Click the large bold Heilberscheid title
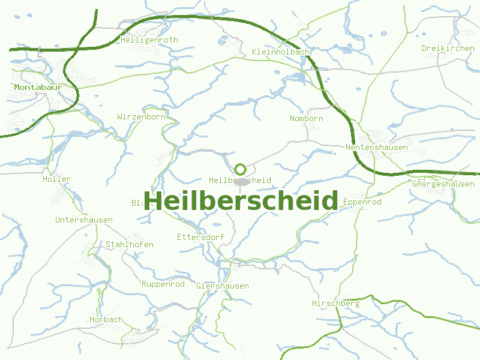(241, 200)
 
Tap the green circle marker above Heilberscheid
(241, 169)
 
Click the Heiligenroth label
(149, 40)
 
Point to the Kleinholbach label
(281, 52)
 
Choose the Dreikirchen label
(448, 49)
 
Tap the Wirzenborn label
(141, 117)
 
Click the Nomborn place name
(306, 119)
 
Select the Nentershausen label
(377, 148)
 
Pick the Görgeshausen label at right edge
(443, 184)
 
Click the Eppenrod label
(362, 203)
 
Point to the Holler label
(56, 179)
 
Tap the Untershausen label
(84, 220)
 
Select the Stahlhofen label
(130, 245)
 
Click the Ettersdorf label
(200, 238)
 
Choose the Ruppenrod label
(163, 284)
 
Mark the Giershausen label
(223, 286)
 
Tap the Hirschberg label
(335, 304)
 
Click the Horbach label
(106, 320)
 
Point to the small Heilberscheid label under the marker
(240, 181)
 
